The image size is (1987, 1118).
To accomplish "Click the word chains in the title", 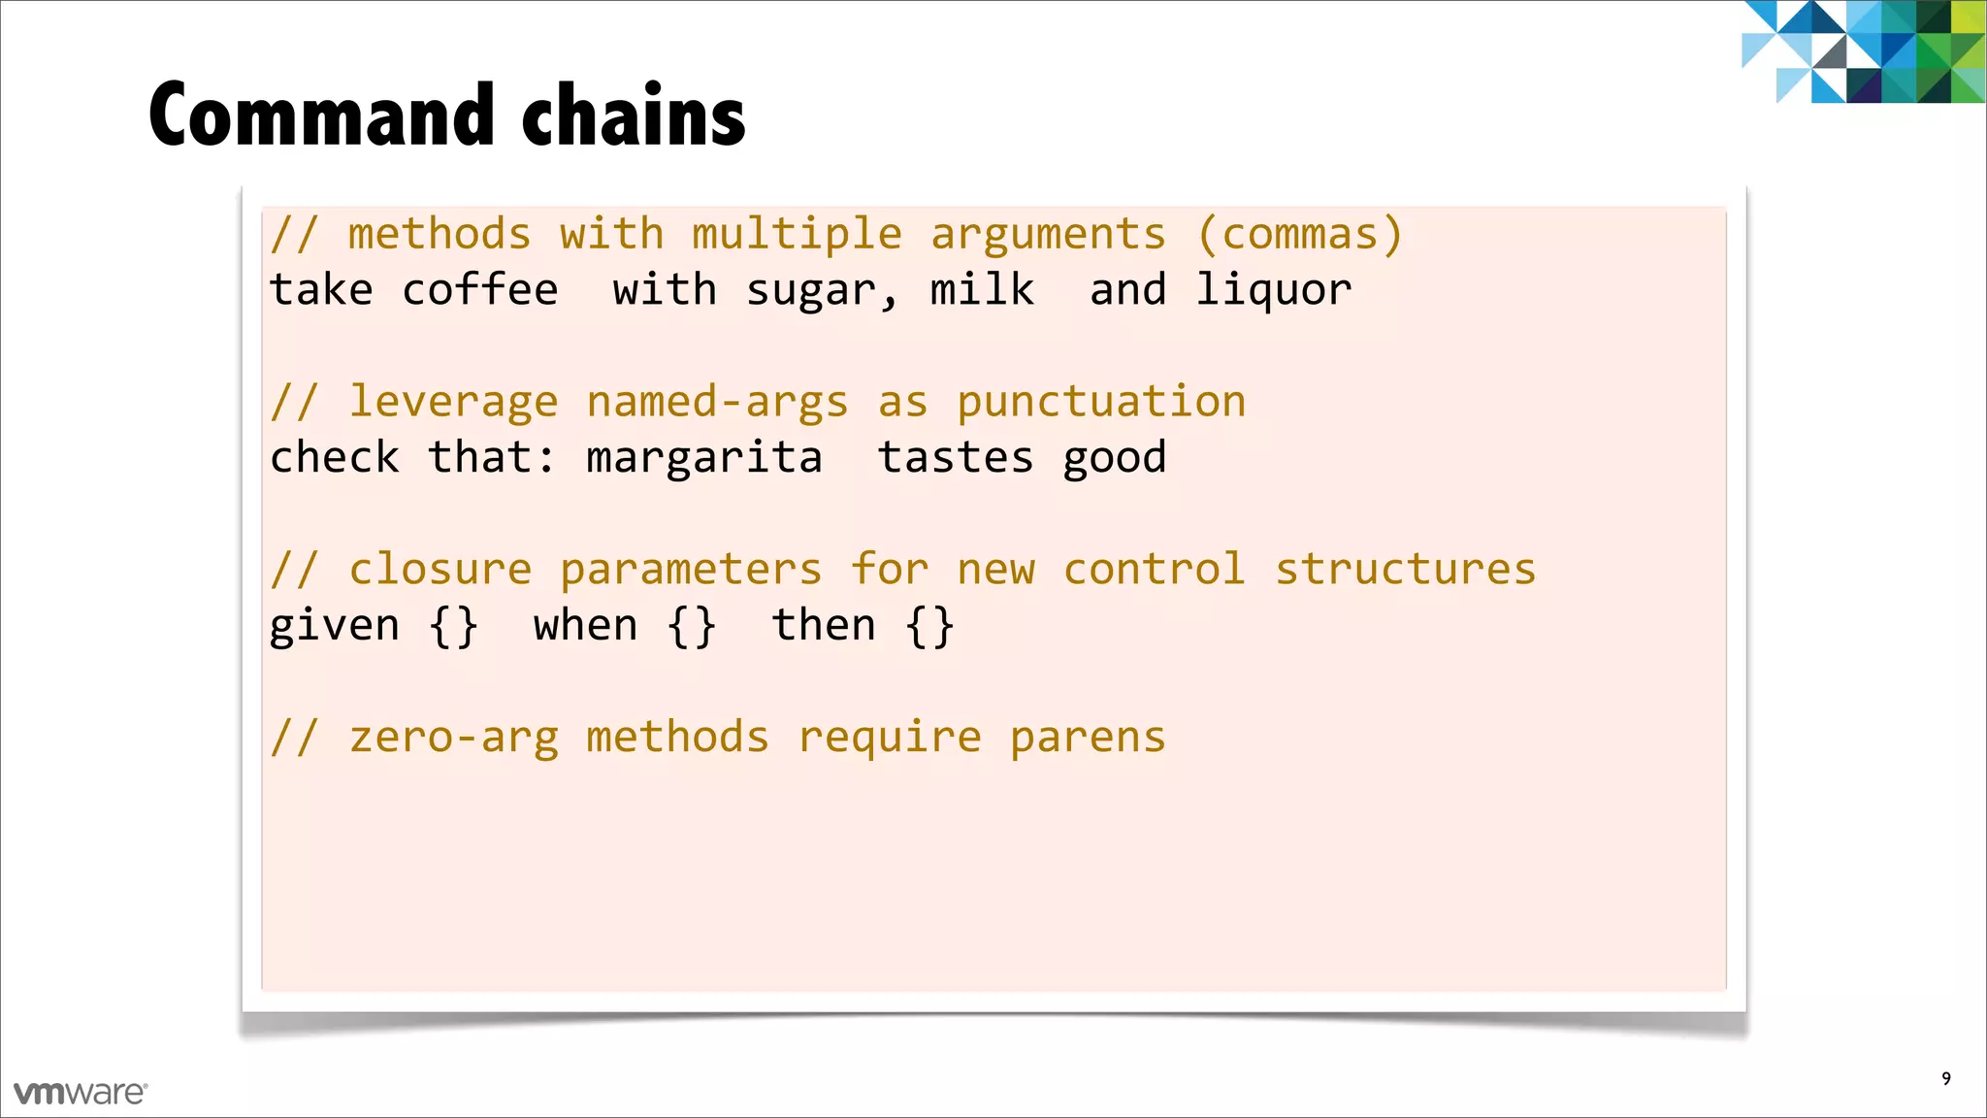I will click(634, 115).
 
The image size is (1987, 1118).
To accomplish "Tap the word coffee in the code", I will click(480, 290).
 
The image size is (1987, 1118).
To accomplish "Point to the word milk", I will click(982, 290).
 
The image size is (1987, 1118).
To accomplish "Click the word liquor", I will click(1273, 290).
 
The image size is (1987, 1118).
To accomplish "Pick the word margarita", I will click(704, 457).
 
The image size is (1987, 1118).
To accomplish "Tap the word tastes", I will click(956, 457).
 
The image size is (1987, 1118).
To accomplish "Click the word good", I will click(1115, 458).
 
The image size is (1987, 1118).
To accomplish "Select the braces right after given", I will click(454, 626).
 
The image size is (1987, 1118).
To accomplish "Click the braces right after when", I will click(692, 626).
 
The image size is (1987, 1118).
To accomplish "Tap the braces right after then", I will click(929, 626).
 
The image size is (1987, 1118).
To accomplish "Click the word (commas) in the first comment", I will click(1300, 235).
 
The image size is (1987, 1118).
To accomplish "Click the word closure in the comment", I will click(440, 570).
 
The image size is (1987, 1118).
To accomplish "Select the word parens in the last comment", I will click(1088, 738).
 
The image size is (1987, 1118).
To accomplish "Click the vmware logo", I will click(81, 1093).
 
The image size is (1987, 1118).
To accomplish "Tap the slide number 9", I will click(1946, 1078).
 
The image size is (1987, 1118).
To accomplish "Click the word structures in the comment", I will click(1405, 570).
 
